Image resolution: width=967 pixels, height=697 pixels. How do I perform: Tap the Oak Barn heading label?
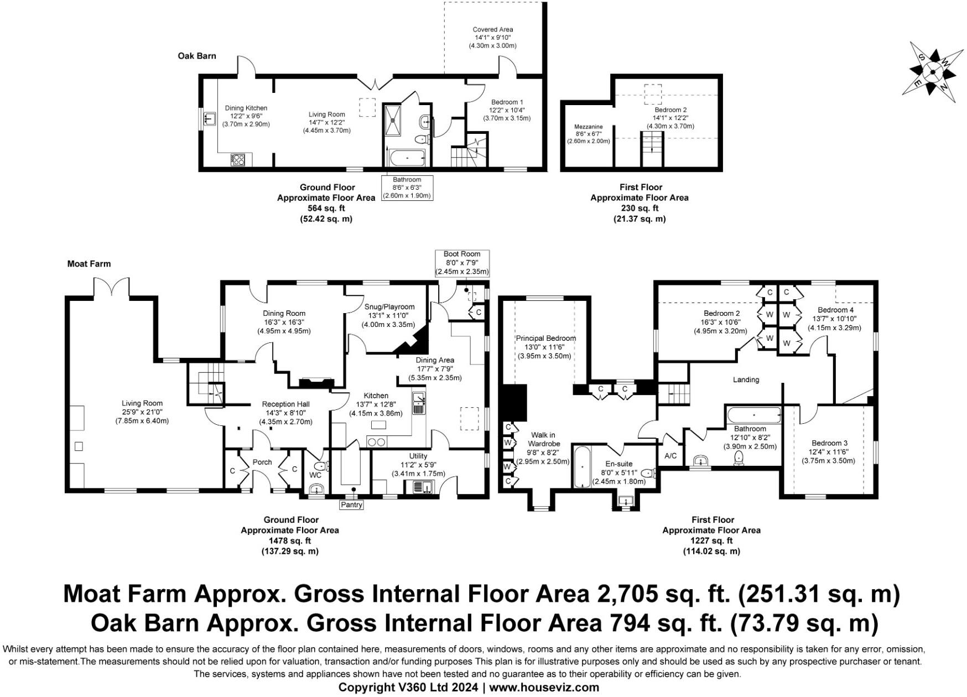point(197,56)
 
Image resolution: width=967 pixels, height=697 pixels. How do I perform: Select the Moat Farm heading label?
point(89,264)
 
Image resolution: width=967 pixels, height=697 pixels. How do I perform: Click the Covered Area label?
point(492,30)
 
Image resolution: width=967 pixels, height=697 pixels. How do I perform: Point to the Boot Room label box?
point(462,263)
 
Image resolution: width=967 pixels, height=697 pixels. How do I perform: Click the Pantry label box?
point(351,504)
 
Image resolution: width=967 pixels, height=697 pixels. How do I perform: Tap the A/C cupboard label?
point(670,456)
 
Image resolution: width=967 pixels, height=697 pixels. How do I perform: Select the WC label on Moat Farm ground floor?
point(315,475)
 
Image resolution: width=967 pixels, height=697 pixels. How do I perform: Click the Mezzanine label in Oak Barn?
point(589,127)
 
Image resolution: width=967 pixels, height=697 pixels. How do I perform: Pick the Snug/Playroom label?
point(389,307)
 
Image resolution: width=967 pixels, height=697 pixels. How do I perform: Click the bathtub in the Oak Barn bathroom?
point(407,158)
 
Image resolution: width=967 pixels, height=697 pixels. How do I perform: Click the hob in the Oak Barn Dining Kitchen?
point(238,160)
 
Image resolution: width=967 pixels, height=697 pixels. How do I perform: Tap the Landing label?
point(746,379)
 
